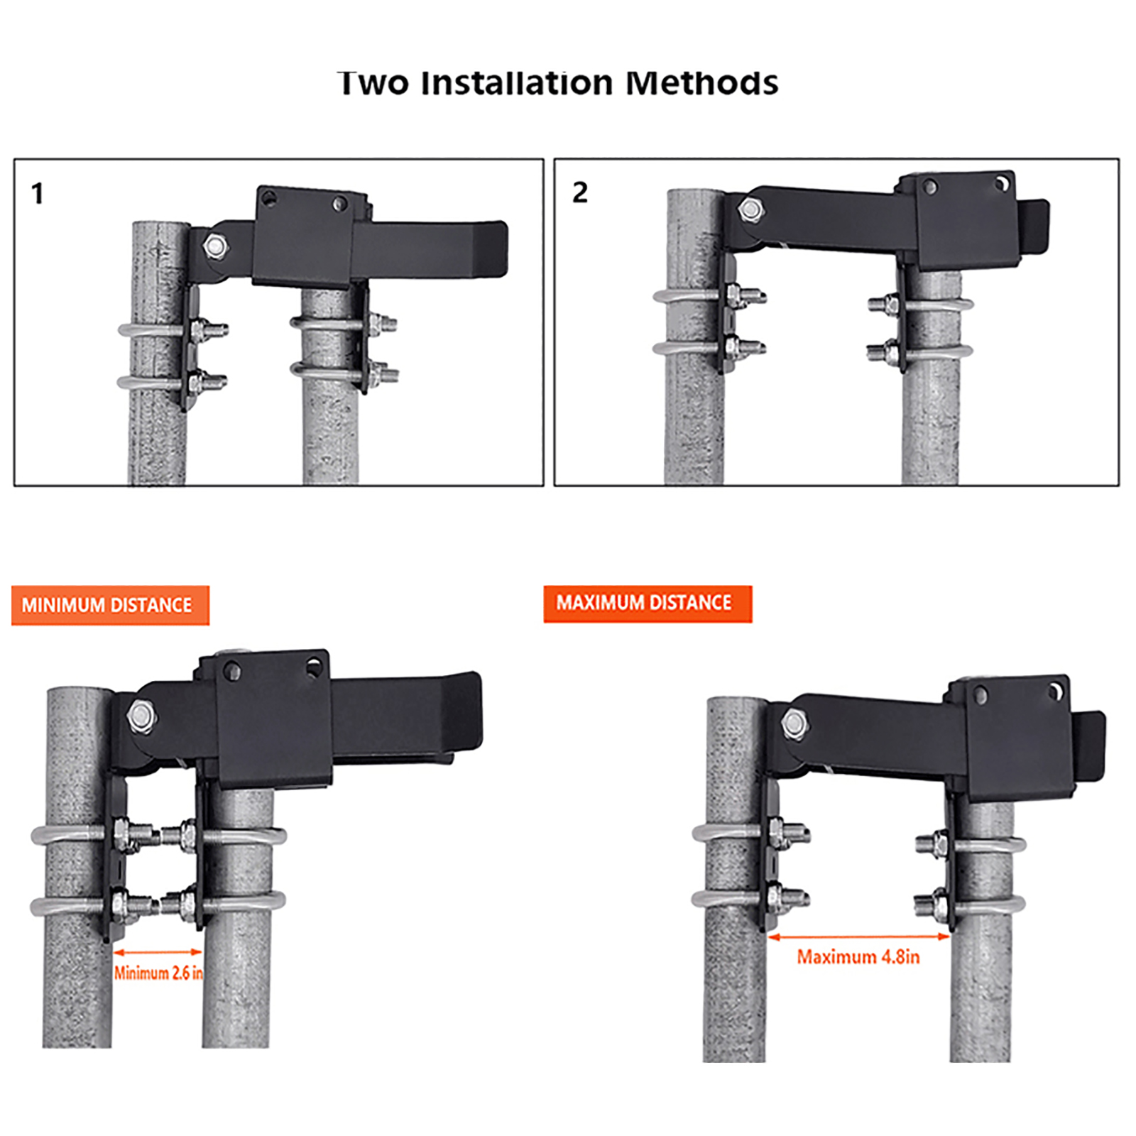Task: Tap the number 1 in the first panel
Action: coord(38,194)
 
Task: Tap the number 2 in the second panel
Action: coord(580,192)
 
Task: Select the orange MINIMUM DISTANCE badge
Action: coord(110,605)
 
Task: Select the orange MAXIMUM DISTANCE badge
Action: coord(648,603)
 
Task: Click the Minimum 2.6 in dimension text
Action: coord(158,973)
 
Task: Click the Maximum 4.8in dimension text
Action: coord(858,957)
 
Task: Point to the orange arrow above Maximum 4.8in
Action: coord(859,937)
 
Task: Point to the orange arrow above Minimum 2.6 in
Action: coord(158,952)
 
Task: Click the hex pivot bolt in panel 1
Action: coord(215,246)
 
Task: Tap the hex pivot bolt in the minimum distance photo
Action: coord(142,717)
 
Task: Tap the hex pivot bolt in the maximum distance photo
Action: coord(794,724)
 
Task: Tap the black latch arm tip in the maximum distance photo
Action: coord(1091,746)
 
